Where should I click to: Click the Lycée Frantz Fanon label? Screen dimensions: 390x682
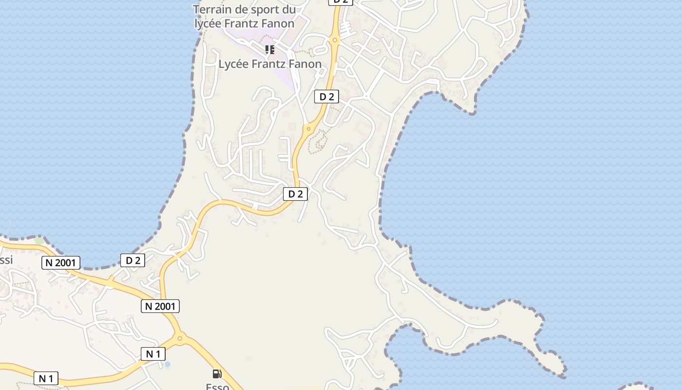(270, 64)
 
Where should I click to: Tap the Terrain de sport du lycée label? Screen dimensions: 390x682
(244, 16)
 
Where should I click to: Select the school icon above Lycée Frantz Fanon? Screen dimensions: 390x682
(270, 49)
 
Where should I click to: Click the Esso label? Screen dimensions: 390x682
(217, 387)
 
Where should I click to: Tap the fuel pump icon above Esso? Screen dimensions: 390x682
(217, 374)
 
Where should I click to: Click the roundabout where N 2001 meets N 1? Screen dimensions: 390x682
(180, 337)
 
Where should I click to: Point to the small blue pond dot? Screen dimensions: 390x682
(168, 364)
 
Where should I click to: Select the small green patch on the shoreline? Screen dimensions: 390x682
(39, 241)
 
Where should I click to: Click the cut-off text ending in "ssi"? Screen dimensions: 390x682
(6, 260)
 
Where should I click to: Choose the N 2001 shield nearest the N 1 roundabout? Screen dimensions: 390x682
(160, 306)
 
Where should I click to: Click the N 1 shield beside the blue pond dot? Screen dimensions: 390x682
(153, 354)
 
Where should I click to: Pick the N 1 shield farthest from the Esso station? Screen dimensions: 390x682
(46, 378)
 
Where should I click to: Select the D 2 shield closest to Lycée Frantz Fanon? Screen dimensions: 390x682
(326, 97)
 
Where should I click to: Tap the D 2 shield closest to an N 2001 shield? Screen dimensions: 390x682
(133, 260)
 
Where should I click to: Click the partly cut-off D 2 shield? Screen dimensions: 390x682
(340, 2)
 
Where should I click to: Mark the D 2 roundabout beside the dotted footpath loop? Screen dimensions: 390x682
(308, 129)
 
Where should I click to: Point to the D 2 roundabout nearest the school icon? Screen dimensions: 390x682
(334, 40)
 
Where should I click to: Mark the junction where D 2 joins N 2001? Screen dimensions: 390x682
(111, 281)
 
